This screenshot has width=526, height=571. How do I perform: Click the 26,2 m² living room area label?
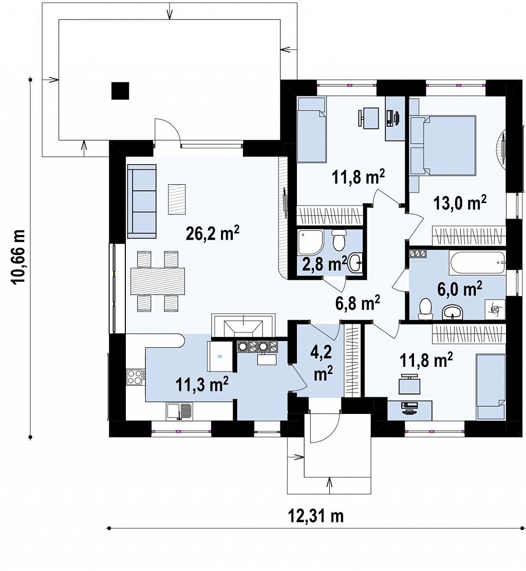coord(212,233)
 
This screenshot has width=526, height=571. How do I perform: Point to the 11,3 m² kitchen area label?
coord(202,384)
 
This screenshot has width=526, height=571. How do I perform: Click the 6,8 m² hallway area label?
coord(358,302)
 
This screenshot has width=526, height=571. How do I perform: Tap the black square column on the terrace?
coord(120,91)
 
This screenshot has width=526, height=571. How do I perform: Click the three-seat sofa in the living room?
coord(141,200)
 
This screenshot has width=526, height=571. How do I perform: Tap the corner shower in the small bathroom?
coord(310,242)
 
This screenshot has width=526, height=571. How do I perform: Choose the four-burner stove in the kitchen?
coord(136,377)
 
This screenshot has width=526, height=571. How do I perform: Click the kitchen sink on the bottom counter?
coord(179,411)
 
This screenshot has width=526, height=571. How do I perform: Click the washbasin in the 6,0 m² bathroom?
coord(453,312)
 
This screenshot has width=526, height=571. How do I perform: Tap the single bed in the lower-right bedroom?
coord(491,387)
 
